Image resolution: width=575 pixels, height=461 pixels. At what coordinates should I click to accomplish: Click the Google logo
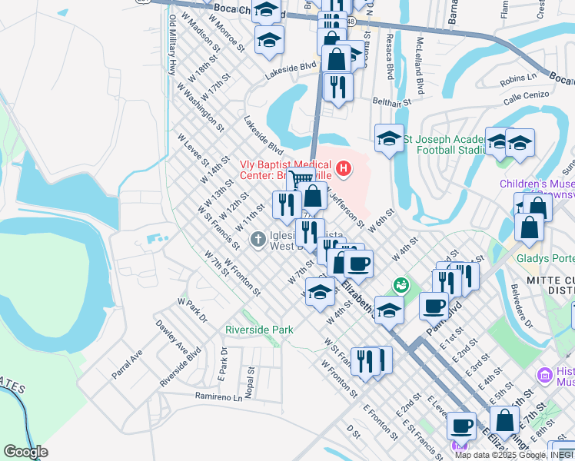point(25,453)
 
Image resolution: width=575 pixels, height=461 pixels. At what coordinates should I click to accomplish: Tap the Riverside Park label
point(259,330)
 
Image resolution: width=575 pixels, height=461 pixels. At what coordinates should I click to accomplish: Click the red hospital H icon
point(344,167)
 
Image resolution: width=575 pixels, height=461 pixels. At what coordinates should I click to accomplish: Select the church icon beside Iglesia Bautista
point(258,240)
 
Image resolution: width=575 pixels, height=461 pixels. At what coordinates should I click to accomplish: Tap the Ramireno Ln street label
point(218,397)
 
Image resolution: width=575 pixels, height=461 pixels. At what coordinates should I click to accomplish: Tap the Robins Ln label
point(517,78)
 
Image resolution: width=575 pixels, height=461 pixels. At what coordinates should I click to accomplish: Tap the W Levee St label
point(193,149)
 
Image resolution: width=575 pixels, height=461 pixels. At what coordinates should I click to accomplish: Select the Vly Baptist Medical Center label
point(286,169)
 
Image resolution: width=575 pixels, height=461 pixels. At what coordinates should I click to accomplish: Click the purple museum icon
point(545,375)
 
